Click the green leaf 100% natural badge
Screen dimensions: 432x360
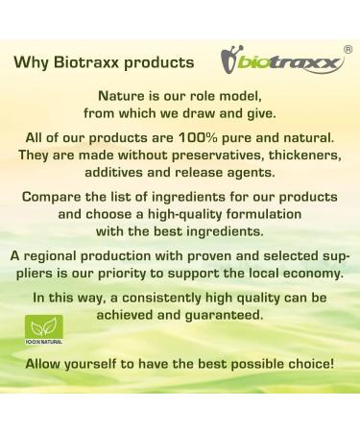[x=42, y=330]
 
